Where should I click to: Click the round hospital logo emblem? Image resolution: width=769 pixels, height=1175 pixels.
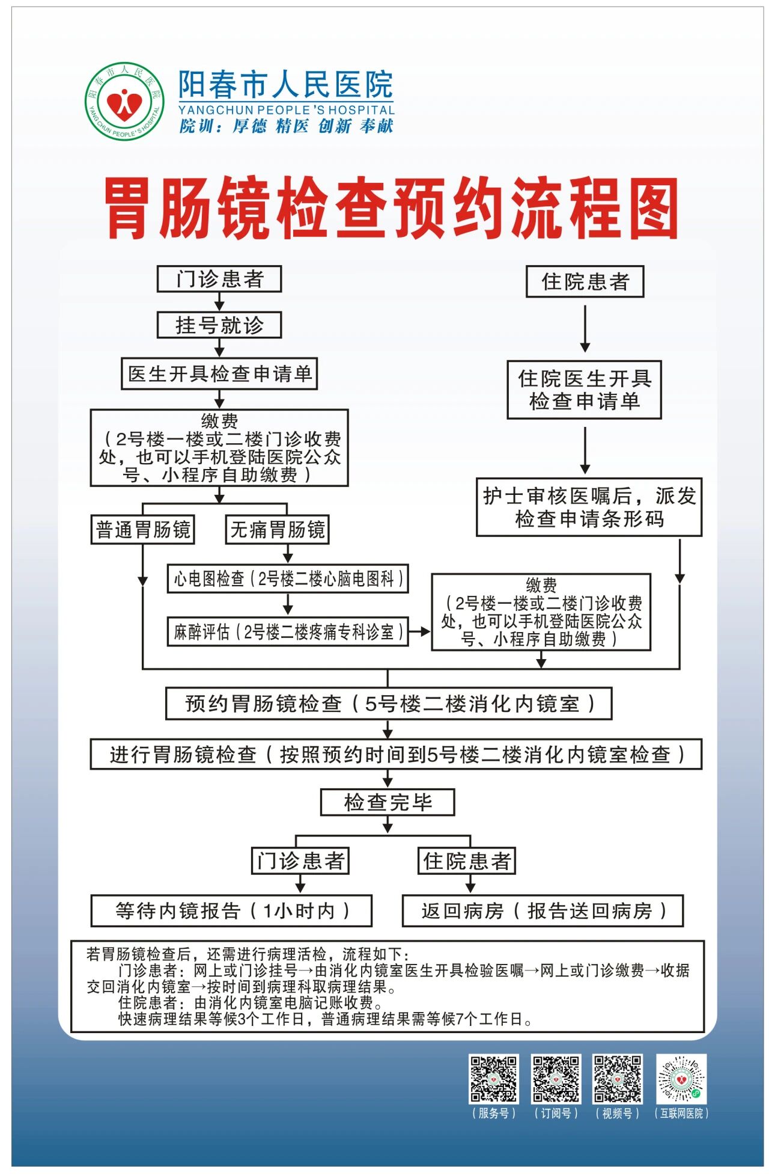124,102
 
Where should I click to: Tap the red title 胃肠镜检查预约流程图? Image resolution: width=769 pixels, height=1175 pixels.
391,207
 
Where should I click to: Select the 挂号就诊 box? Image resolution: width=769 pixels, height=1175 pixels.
219,325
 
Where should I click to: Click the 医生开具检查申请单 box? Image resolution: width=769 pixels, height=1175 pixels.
219,374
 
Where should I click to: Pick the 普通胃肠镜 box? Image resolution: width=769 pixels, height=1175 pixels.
143,530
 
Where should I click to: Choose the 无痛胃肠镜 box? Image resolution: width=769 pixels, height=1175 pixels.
277,530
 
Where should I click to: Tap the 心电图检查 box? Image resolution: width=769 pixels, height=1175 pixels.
288,579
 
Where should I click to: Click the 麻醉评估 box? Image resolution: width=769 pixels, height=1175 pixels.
288,631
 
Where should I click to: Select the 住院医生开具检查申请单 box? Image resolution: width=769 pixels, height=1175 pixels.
584,390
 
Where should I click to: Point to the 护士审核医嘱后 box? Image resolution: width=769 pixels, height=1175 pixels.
589,507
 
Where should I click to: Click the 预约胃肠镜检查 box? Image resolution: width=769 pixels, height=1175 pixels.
389,704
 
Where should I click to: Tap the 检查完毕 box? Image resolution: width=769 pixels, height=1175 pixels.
388,802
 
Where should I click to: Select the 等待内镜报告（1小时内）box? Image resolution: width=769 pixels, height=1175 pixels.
231,911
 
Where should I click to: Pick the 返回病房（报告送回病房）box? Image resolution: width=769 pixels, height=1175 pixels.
543,911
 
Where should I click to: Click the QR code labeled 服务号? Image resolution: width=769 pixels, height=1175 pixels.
493,1079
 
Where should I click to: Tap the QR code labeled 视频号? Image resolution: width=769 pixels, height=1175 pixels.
617,1079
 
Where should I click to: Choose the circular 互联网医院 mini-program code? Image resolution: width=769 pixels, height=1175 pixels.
681,1079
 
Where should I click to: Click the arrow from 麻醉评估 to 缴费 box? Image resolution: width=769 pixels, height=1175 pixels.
420,631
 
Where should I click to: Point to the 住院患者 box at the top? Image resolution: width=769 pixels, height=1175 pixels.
585,281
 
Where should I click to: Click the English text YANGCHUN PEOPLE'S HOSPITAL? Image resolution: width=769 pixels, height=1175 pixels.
286,110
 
